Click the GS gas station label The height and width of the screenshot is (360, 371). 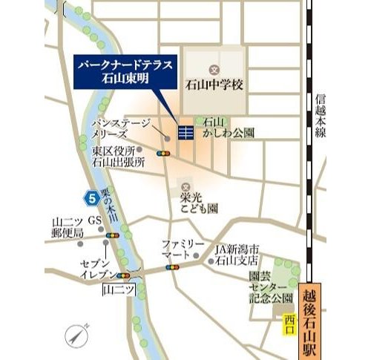pos(95,220)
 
